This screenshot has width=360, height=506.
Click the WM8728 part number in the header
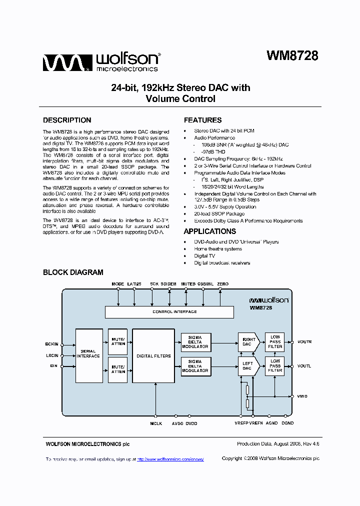tap(292, 56)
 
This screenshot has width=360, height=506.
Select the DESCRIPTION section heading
tap(67, 120)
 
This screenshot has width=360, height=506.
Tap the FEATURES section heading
tap(202, 120)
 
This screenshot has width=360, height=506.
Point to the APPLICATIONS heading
tap(209, 231)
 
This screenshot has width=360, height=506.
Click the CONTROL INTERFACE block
tap(169, 312)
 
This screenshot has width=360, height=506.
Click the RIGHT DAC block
tap(248, 342)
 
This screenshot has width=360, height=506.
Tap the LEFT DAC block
tap(248, 366)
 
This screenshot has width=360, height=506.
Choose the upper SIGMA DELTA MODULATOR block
tap(195, 342)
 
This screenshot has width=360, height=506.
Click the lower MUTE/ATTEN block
tap(118, 369)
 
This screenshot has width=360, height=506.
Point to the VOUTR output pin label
tap(304, 342)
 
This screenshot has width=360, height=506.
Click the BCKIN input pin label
tap(51, 344)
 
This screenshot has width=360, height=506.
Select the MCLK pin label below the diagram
tap(156, 423)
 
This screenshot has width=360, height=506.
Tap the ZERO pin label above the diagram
tap(222, 284)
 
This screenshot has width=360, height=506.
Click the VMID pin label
tap(302, 396)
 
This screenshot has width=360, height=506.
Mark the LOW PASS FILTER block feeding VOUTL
tap(275, 366)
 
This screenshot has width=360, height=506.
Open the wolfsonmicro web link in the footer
tap(170, 459)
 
